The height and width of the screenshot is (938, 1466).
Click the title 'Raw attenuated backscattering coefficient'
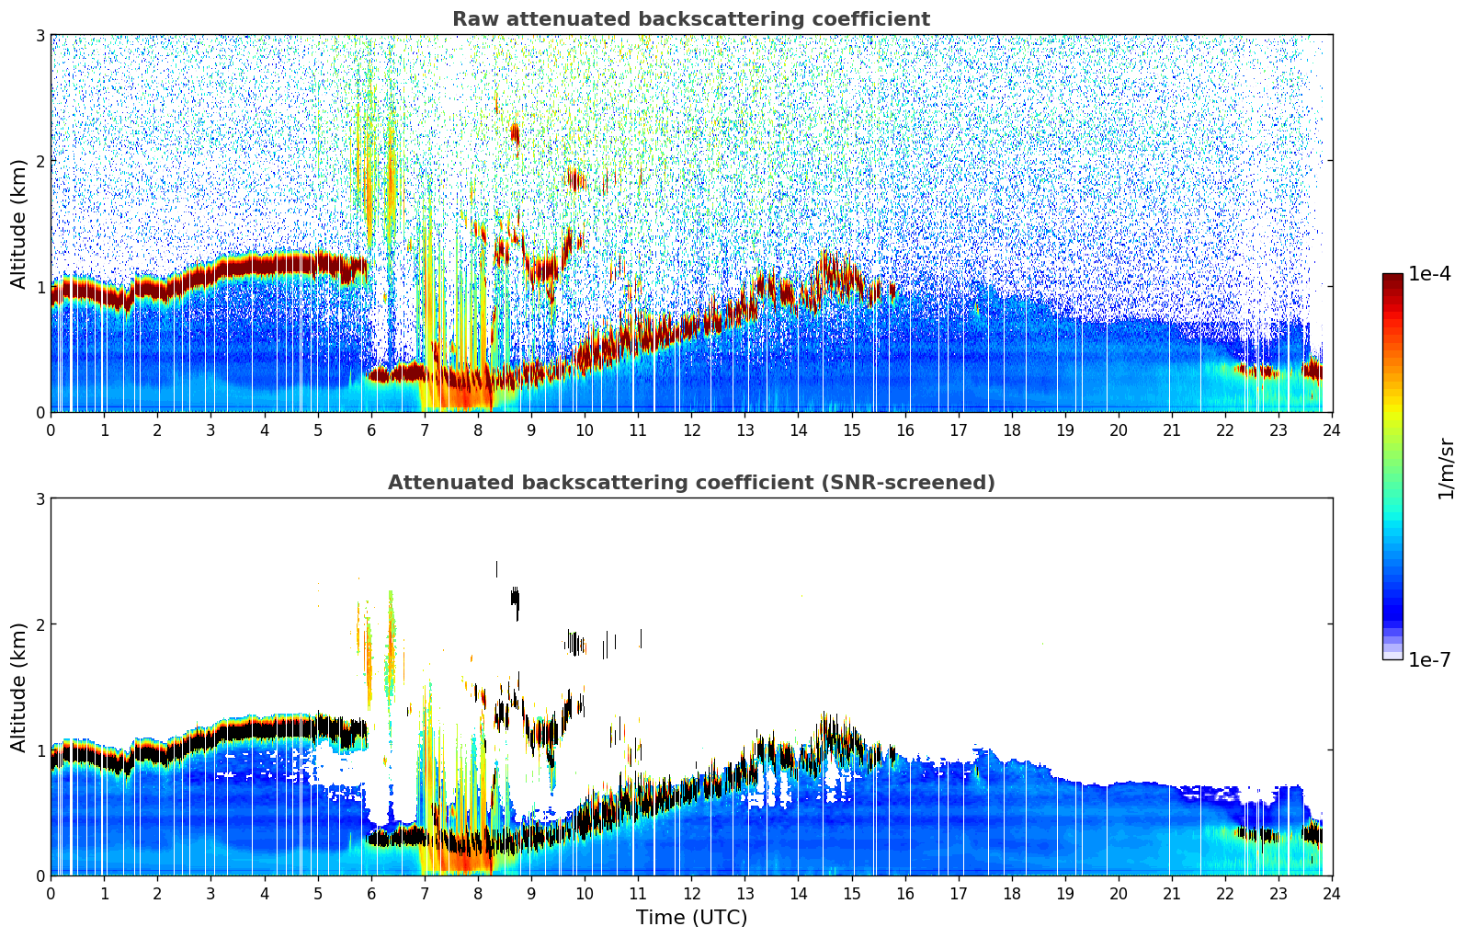coord(690,19)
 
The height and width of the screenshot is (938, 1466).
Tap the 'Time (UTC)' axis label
coord(691,918)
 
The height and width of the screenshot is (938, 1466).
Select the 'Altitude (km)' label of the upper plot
coord(19,223)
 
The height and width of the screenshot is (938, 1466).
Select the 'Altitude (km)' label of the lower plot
coord(19,687)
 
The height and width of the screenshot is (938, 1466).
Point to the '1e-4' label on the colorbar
coord(1429,274)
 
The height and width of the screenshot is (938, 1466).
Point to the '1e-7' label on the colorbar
coord(1429,659)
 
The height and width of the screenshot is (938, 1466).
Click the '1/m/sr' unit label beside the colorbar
coord(1446,468)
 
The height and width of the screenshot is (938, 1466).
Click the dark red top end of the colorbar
coord(1392,279)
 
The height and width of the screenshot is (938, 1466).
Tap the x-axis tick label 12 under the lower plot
coord(691,894)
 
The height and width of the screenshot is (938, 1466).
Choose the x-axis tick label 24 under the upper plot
coord(1332,430)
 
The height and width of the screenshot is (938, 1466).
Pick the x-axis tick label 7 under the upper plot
coord(425,430)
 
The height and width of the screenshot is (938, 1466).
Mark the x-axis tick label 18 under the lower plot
coord(1012,894)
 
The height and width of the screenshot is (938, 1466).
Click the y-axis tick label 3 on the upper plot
coord(40,35)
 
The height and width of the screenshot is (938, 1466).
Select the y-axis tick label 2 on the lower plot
coord(40,624)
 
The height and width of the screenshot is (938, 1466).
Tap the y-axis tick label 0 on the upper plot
coord(40,412)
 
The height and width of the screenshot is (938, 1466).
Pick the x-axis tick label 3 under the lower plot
coord(210,894)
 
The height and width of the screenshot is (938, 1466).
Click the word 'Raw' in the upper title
coord(472,19)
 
